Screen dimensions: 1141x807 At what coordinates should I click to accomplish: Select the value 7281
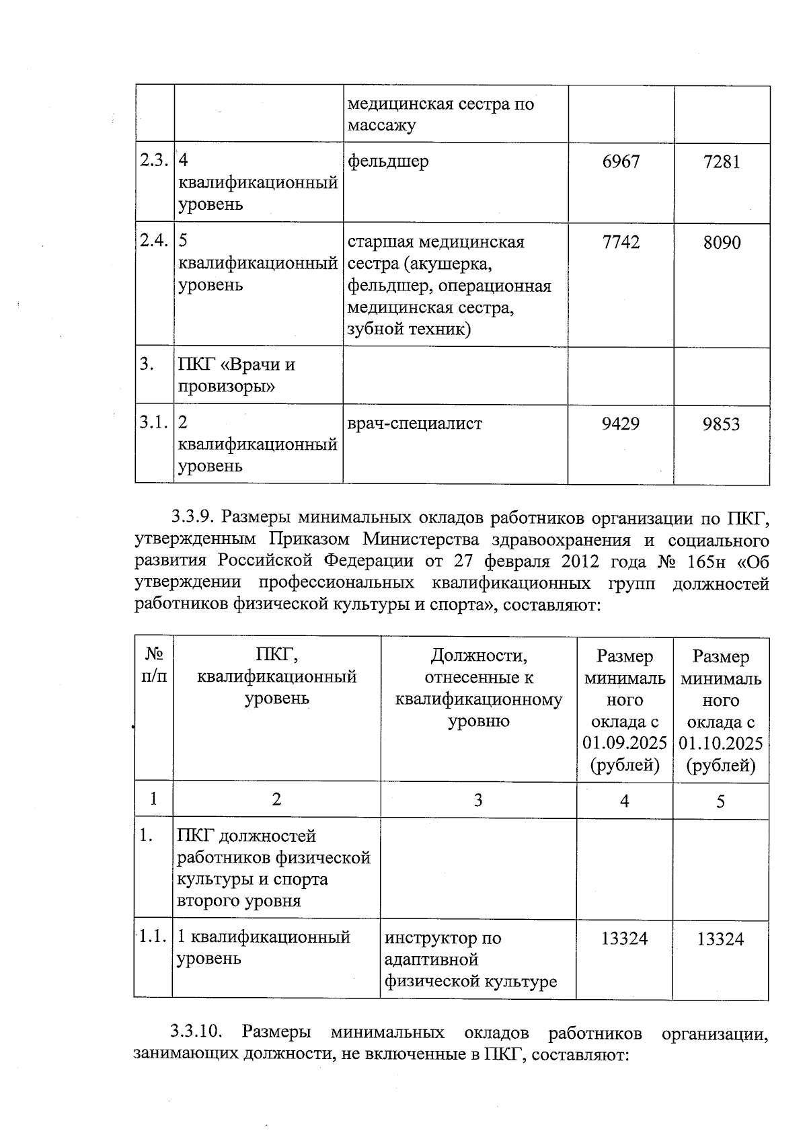pyautogui.click(x=722, y=162)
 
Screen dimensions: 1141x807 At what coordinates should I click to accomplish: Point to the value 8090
pyautogui.click(x=722, y=243)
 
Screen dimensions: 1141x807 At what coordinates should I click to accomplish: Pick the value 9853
pyautogui.click(x=722, y=424)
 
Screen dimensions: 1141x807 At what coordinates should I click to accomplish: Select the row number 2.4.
pyautogui.click(x=153, y=241)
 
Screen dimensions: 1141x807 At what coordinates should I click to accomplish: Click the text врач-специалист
pyautogui.click(x=415, y=424)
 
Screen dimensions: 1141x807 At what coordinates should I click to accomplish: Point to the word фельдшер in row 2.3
pyautogui.click(x=388, y=161)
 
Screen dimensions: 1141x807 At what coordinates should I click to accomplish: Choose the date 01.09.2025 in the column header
pyautogui.click(x=625, y=743)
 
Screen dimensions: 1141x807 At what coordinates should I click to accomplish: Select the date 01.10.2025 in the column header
pyautogui.click(x=721, y=743)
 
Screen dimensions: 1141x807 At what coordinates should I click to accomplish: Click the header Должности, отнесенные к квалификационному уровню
pyautogui.click(x=478, y=688)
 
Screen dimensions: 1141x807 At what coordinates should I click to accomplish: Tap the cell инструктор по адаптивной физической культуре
pyautogui.click(x=471, y=959)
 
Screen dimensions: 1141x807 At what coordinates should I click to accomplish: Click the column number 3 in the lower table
pyautogui.click(x=478, y=800)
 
